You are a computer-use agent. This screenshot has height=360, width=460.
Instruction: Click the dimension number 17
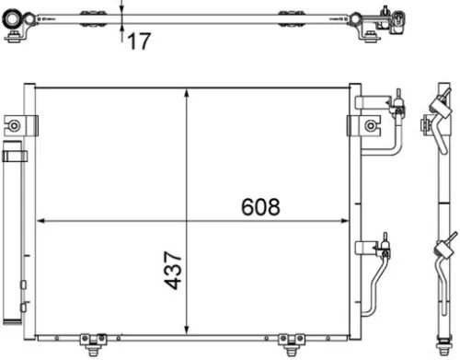[138, 41]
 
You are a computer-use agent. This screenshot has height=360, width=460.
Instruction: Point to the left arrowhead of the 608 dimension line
[40, 221]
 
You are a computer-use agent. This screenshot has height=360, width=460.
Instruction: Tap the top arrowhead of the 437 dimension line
[188, 93]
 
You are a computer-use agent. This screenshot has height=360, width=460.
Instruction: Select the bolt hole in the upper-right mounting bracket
[370, 124]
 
